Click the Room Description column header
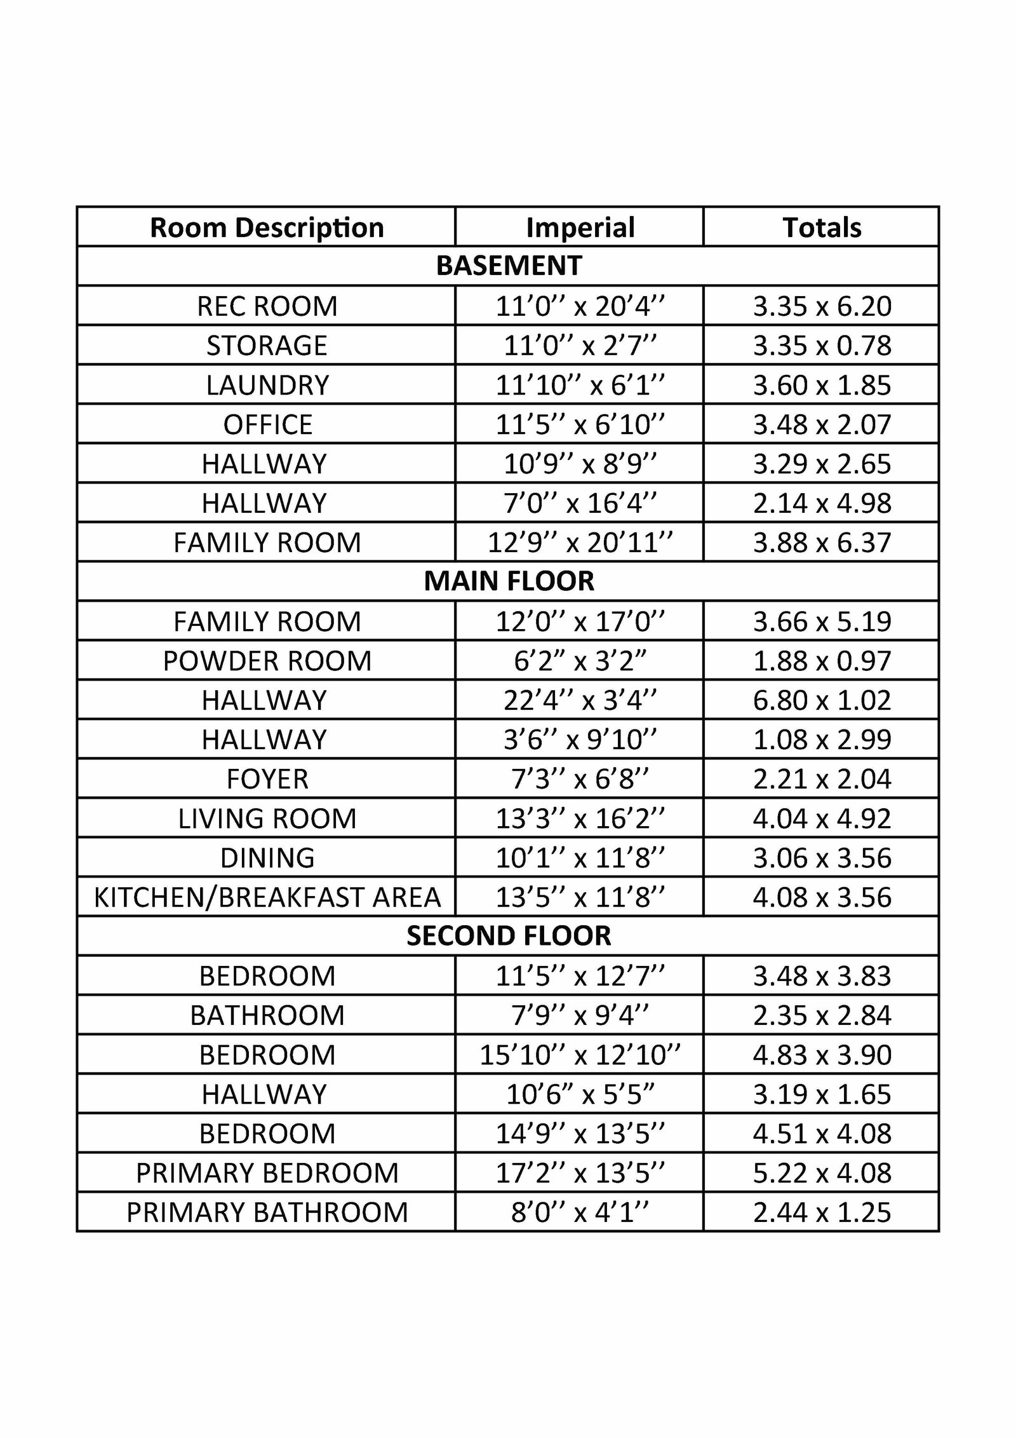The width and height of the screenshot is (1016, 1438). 267,227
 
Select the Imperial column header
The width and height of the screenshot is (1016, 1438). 580,227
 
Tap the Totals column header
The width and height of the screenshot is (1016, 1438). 822,227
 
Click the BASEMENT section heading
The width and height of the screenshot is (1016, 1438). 509,266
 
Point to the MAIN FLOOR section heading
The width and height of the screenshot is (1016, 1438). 509,581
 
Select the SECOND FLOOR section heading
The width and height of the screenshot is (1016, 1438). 509,936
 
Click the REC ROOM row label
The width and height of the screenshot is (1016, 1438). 267,306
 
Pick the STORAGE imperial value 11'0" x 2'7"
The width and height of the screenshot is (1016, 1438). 580,346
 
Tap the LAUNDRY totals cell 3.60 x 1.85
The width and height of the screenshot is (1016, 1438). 822,385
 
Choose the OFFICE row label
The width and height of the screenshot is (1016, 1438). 267,424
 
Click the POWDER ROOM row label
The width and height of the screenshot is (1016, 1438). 267,661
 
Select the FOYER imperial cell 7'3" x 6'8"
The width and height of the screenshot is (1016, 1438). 580,779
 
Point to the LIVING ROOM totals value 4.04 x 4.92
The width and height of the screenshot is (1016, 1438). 822,818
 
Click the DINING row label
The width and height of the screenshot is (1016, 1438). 267,858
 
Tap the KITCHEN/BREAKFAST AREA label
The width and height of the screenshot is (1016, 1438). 267,897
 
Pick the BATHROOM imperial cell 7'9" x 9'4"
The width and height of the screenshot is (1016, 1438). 580,1015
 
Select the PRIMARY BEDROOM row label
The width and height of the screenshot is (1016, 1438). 267,1173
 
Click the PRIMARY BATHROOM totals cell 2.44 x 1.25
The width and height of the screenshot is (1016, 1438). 822,1212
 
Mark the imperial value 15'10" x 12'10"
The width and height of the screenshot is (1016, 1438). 580,1055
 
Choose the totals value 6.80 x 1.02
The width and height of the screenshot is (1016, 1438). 822,700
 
